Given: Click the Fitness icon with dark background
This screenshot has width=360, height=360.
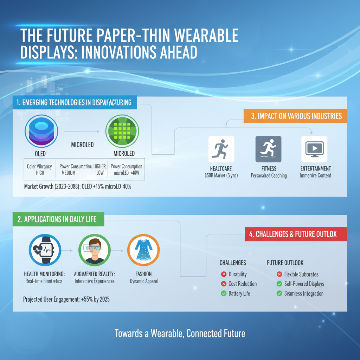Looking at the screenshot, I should pyautogui.click(x=268, y=149).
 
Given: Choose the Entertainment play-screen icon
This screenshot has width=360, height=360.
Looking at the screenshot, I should pyautogui.click(x=314, y=149).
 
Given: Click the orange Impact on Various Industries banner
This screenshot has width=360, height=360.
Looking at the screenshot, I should pyautogui.click(x=296, y=116).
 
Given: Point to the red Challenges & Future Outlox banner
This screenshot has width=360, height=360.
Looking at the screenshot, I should pyautogui.click(x=296, y=234).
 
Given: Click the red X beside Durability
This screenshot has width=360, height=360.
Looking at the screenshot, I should pyautogui.click(x=224, y=274).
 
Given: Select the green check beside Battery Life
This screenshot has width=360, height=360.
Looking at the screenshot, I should pyautogui.click(x=224, y=293).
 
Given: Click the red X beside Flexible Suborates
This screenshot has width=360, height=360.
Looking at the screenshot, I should pyautogui.click(x=279, y=274).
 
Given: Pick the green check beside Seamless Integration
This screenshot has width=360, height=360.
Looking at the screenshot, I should pyautogui.click(x=279, y=293).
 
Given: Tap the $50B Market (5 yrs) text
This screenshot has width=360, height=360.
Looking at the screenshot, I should pyautogui.click(x=221, y=175).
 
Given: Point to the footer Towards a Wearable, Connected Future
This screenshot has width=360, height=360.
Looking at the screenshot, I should pyautogui.click(x=180, y=333).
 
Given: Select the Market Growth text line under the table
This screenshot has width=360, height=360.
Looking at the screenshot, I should pyautogui.click(x=78, y=187).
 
